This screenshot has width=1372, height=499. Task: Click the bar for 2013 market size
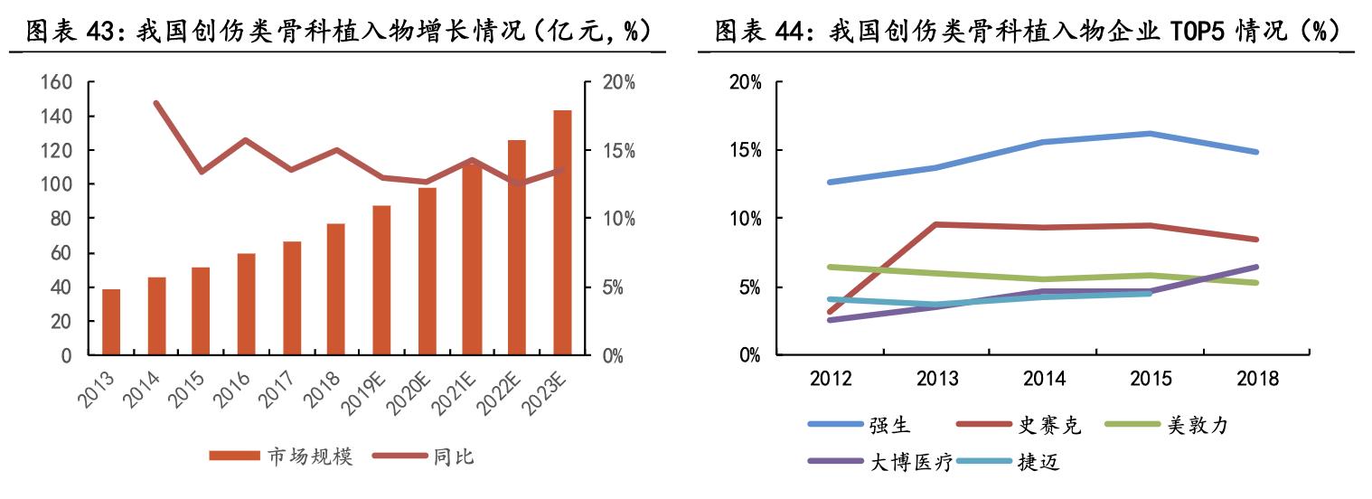pyautogui.click(x=111, y=322)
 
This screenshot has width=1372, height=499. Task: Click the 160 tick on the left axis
pyautogui.click(x=56, y=82)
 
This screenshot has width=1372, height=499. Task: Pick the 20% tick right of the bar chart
pyautogui.click(x=620, y=82)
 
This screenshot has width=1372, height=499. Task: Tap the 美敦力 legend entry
pyautogui.click(x=1198, y=425)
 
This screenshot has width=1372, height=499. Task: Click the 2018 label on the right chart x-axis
pyautogui.click(x=1256, y=379)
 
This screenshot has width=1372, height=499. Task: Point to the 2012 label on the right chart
pyautogui.click(x=830, y=379)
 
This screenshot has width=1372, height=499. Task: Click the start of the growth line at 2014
pyautogui.click(x=156, y=103)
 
